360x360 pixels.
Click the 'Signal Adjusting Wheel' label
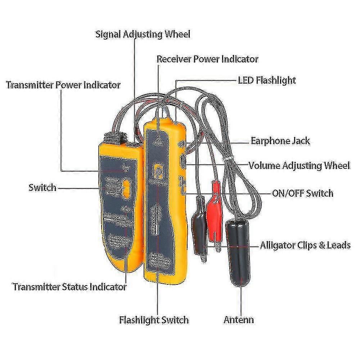pyautogui.click(x=143, y=35)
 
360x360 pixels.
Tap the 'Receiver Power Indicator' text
pyautogui.click(x=207, y=59)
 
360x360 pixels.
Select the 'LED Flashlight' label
pyautogui.click(x=267, y=80)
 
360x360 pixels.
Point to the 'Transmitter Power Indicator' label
pyautogui.click(x=63, y=85)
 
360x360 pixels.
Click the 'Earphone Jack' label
pyautogui.click(x=280, y=140)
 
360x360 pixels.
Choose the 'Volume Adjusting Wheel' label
pyautogui.click(x=299, y=166)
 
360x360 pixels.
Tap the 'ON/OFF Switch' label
pyautogui.click(x=302, y=193)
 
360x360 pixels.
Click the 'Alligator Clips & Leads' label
pyautogui.click(x=305, y=246)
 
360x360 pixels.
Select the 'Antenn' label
pyautogui.click(x=239, y=319)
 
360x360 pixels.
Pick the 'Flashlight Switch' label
pyautogui.click(x=154, y=319)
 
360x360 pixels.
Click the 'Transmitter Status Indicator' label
pyautogui.click(x=70, y=287)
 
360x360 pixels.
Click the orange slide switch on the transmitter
pyautogui.click(x=127, y=188)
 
